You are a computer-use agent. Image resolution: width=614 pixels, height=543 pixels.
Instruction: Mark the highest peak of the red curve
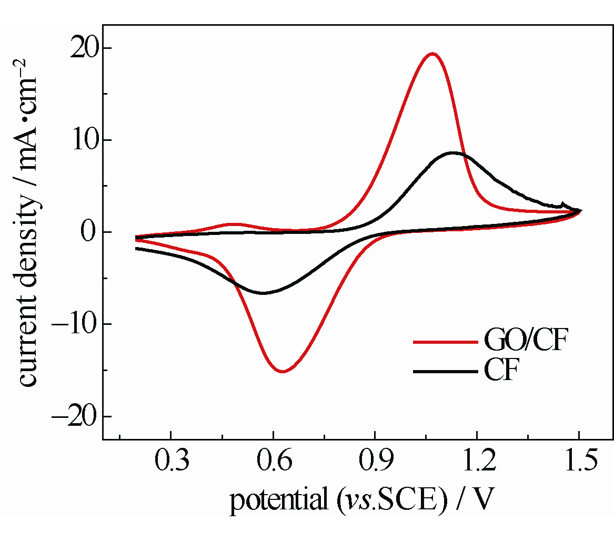tap(432, 53)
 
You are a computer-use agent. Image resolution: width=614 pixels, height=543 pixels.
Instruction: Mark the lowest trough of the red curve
tap(283, 372)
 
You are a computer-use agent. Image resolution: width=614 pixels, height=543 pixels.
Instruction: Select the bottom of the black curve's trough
tap(263, 293)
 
